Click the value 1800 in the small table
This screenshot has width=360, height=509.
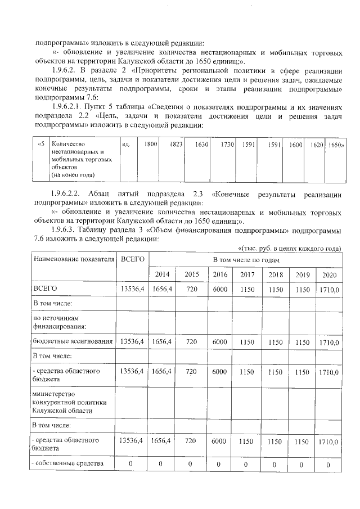pos(150,145)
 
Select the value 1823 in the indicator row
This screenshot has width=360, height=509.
pos(175,145)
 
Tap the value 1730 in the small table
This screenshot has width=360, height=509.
pos(227,145)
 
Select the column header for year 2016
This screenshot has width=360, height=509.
pos(220,274)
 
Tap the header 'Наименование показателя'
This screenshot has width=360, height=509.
pos(70,259)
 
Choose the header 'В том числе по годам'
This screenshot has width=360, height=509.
pos(246,260)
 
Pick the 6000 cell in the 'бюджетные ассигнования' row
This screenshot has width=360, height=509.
pos(220,341)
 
